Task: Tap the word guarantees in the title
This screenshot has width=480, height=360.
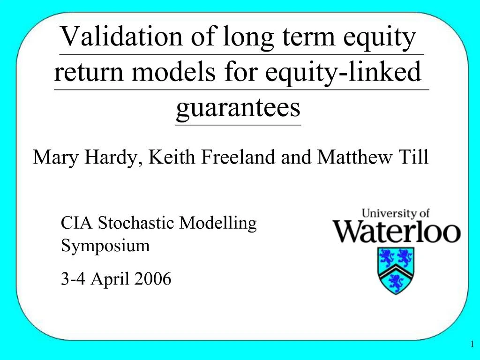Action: click(x=238, y=108)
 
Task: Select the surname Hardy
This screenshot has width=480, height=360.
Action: click(x=113, y=157)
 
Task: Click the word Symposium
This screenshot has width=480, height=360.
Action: click(x=105, y=246)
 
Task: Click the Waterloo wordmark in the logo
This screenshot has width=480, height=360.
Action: click(x=397, y=232)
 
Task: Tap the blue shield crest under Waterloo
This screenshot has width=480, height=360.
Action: click(x=396, y=270)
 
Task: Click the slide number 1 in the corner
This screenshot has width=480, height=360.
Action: click(x=472, y=345)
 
